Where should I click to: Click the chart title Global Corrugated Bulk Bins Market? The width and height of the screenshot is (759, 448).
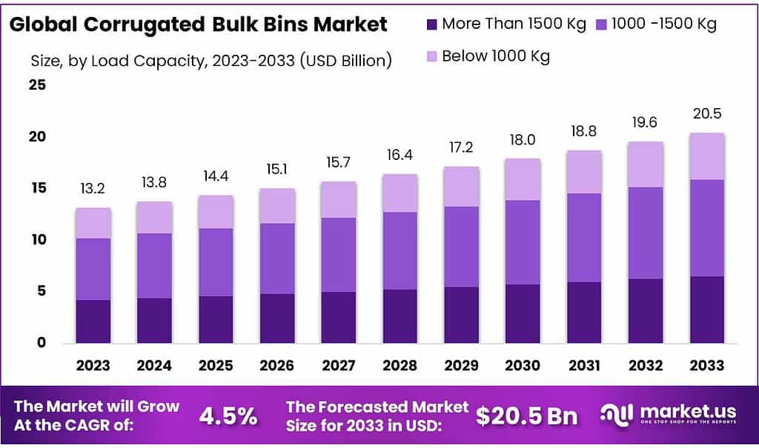pos(199,24)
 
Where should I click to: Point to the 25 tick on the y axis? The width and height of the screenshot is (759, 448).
pos(37,85)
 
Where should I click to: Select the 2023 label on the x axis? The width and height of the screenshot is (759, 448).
pos(93,365)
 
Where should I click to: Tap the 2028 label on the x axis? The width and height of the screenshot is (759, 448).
pos(400,365)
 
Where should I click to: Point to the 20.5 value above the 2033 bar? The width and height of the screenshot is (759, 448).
pos(706,114)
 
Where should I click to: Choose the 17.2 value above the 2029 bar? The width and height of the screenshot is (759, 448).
pos(461,148)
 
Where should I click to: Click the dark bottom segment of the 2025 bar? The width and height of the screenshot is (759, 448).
pos(216,319)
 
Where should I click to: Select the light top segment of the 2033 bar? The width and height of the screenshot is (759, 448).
pos(706,156)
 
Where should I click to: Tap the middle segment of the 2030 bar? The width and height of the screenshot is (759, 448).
pos(523,242)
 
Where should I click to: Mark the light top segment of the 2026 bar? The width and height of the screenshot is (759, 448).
pos(277,206)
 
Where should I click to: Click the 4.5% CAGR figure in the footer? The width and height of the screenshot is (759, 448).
pos(228,416)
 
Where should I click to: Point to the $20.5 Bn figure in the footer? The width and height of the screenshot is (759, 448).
pos(526,416)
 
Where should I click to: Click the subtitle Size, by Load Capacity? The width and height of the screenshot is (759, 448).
pos(211,61)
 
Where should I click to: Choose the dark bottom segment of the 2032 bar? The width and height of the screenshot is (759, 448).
pos(645,311)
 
